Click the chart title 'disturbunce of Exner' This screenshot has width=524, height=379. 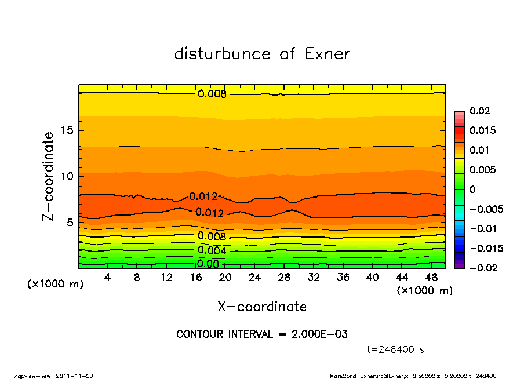pos(262,54)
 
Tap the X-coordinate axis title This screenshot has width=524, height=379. pos(262,307)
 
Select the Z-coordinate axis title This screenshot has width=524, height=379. pos(49,176)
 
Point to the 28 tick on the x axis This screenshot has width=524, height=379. pos(284,278)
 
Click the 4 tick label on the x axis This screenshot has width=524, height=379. pos(107,278)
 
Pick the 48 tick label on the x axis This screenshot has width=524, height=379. pos(431,278)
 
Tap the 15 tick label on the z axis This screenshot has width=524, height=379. pos(67,130)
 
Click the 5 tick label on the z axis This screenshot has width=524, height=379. pos(70,223)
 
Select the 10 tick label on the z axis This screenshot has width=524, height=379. pos(67,176)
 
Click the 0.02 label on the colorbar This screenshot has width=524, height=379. pos(480,111)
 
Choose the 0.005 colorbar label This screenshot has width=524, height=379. pos(483,170)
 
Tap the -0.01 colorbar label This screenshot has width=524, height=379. pos(482,228)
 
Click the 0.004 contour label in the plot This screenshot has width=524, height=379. pos(212,250)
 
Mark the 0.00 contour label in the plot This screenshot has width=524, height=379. pos(208,264)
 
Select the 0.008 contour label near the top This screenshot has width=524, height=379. pos(212,94)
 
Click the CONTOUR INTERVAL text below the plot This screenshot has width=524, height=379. pos(262,334)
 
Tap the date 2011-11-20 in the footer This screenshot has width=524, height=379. pos(74,376)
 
